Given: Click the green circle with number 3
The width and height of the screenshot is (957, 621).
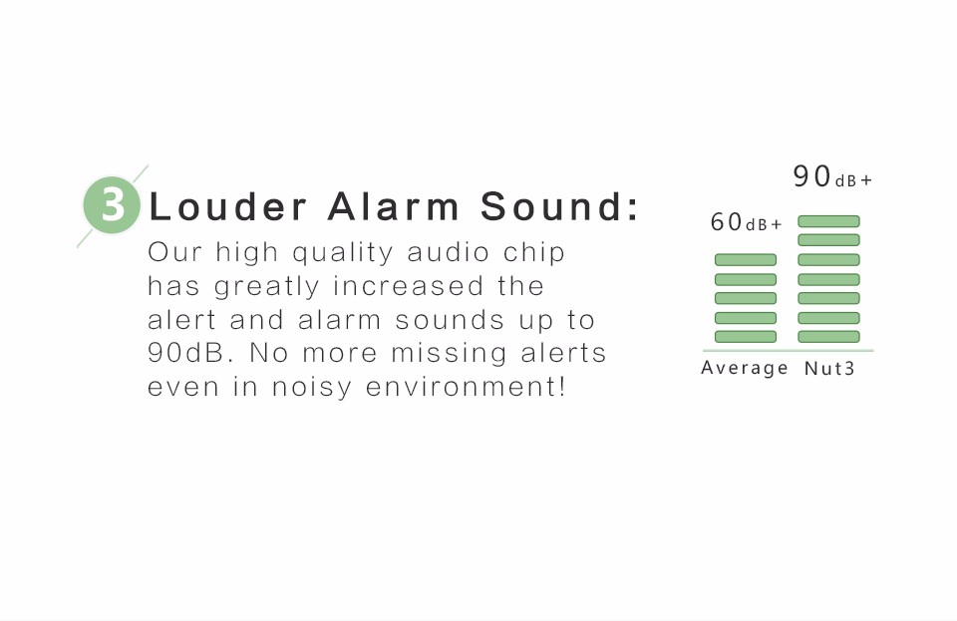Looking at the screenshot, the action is pos(112,205).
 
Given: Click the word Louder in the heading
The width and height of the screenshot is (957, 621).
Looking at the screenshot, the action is pos(227,206).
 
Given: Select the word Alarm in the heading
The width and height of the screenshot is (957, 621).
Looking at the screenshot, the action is pos(393,206).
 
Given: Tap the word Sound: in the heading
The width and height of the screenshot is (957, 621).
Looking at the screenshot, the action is pos(559,206).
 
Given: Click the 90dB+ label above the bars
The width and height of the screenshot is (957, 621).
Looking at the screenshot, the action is pos(833,176).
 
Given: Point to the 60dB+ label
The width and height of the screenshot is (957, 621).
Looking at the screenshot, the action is pos(746,222).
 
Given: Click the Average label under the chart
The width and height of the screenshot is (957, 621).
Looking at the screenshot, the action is pos(745,368).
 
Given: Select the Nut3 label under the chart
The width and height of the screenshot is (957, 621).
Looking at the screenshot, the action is pos(829,369).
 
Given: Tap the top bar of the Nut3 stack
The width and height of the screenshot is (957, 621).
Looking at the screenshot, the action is pos(828,221).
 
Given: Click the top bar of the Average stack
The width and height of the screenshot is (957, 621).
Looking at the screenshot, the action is pos(746,260).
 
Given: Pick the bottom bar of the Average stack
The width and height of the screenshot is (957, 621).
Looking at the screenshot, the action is pos(746,337).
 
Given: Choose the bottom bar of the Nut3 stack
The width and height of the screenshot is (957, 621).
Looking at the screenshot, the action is pos(828,337).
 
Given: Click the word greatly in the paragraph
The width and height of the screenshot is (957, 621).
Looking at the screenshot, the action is pos(267,287).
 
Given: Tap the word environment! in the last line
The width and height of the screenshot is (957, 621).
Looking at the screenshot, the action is pos(466,387).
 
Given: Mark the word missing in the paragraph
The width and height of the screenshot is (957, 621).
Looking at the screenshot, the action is pos(449,354).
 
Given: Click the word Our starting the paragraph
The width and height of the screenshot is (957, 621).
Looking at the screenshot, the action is pos(174,252).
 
